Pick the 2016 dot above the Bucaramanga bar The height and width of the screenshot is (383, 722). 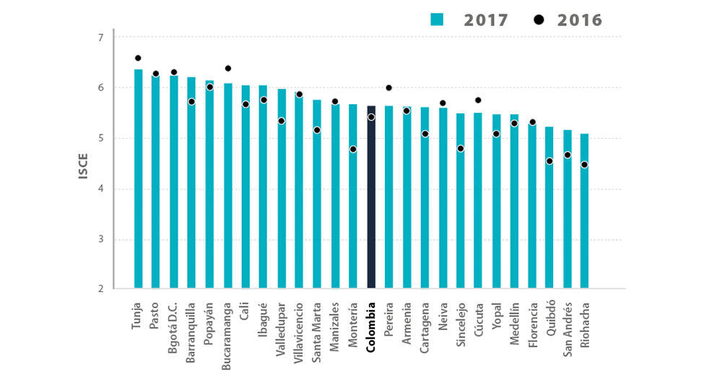228,69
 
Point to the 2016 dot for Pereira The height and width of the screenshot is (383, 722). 388,88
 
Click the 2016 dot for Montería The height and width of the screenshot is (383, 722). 353,150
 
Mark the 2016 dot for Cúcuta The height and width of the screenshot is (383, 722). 478,100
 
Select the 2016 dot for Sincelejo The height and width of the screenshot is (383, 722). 460,149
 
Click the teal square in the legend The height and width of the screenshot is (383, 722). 436,20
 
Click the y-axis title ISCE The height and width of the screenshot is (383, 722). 83,164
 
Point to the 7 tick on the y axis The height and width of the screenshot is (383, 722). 100,38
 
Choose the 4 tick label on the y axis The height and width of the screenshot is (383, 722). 100,189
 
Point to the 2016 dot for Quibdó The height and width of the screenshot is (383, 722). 549,161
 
